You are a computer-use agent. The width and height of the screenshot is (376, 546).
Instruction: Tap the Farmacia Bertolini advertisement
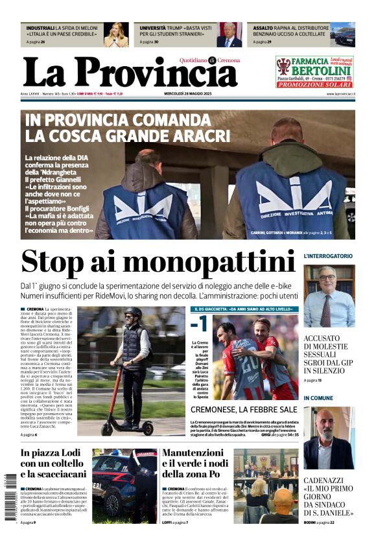pos(314,71)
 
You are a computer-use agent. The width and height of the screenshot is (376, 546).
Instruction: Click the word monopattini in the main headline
pos(213,261)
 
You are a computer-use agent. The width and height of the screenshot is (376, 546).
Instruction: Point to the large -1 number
pos(202,324)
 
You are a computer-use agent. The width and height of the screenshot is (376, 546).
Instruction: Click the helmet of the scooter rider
pos(133,313)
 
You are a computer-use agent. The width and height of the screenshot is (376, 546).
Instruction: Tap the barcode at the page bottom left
pos(7,496)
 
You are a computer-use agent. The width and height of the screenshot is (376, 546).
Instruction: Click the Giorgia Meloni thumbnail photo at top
pos(117,35)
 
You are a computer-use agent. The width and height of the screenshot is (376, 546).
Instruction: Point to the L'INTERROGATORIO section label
pos(328,256)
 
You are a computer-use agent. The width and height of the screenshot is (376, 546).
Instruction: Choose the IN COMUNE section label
pos(318,398)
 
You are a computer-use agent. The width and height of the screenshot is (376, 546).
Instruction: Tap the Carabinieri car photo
pos(124,486)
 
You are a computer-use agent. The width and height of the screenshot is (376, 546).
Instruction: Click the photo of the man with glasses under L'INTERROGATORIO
pos(329,295)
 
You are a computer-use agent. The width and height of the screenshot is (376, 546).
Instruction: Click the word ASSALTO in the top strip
pos(263,29)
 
